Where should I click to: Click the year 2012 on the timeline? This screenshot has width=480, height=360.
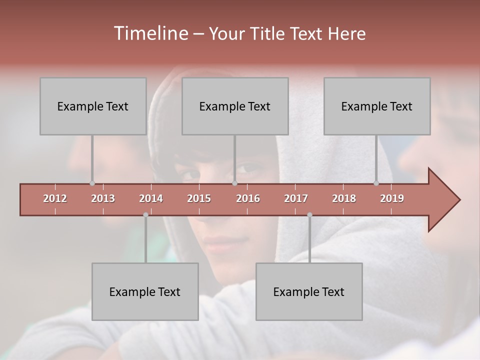(x=55, y=198)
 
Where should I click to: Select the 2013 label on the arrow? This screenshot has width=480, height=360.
(x=103, y=198)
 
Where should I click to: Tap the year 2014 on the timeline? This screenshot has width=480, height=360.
(x=151, y=198)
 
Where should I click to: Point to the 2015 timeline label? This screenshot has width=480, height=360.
(x=199, y=198)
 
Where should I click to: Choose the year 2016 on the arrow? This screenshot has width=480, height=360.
(x=248, y=198)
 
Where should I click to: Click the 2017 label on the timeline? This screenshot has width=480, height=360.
(x=296, y=198)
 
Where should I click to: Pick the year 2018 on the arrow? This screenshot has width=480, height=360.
(x=344, y=198)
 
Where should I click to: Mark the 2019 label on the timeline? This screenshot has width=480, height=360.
(x=392, y=198)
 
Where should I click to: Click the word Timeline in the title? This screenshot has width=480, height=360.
(x=150, y=33)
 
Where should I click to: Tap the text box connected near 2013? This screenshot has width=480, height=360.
(x=93, y=106)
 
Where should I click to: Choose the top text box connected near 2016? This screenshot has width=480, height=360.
(x=235, y=106)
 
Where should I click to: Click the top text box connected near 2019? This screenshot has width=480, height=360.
(x=377, y=106)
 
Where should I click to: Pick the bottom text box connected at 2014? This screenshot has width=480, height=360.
(x=145, y=291)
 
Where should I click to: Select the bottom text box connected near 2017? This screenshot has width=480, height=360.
(x=309, y=291)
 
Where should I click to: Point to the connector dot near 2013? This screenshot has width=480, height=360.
(x=92, y=183)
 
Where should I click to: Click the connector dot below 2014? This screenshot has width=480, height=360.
(x=145, y=215)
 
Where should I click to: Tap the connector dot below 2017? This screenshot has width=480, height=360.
(x=309, y=215)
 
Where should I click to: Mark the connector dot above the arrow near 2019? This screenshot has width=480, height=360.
(x=376, y=183)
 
